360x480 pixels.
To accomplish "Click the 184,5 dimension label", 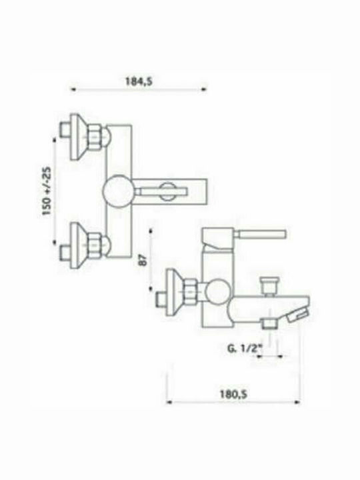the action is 139,81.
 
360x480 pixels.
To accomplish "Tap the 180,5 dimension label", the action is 233,394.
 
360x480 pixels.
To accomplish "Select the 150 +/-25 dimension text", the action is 47,191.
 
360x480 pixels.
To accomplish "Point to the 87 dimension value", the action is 143,260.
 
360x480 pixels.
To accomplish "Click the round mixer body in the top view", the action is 117,191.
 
